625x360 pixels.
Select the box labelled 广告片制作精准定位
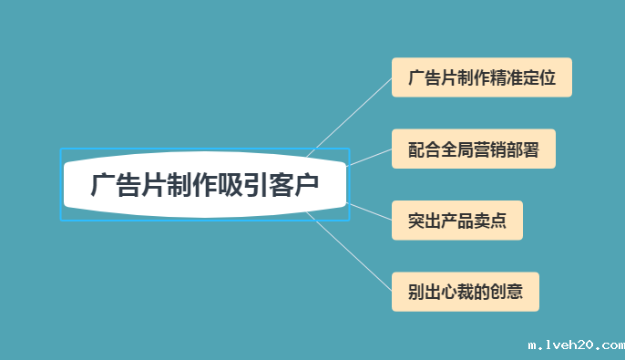point(481,77)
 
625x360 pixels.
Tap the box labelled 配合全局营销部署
point(474,149)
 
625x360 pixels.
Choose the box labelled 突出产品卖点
point(457,221)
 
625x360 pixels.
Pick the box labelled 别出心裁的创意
point(465,293)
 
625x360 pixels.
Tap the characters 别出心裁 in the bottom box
point(441,293)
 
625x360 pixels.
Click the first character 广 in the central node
point(102,186)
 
